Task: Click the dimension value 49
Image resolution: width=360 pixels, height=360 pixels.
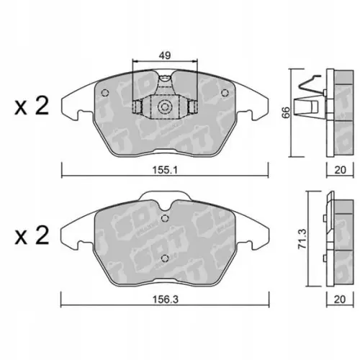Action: [165, 55]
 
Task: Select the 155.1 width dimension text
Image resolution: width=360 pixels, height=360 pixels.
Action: [165, 171]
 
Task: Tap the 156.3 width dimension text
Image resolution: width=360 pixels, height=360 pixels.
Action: [166, 300]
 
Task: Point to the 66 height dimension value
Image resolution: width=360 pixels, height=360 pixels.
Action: [286, 112]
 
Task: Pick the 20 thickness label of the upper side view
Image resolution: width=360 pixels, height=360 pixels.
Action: [340, 170]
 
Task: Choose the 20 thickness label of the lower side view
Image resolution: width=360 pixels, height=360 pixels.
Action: [340, 300]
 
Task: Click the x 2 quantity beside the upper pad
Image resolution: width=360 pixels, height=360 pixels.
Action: [32, 106]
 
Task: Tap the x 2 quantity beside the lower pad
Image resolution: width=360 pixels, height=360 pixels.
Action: [32, 235]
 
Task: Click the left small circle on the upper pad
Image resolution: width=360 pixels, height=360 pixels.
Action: [105, 93]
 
